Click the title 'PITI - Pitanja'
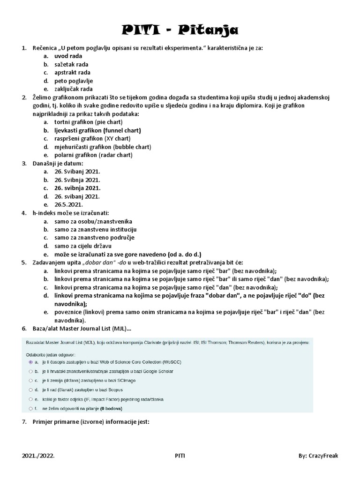[x=180, y=31]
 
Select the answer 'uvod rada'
[x=68, y=56]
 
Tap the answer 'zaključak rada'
[x=73, y=89]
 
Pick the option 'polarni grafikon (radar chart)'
[x=93, y=155]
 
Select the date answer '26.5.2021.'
[x=68, y=204]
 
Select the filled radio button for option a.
[x=31, y=362]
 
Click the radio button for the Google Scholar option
[x=31, y=371]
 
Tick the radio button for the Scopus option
[x=31, y=390]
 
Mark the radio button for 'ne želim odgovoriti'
[x=31, y=408]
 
